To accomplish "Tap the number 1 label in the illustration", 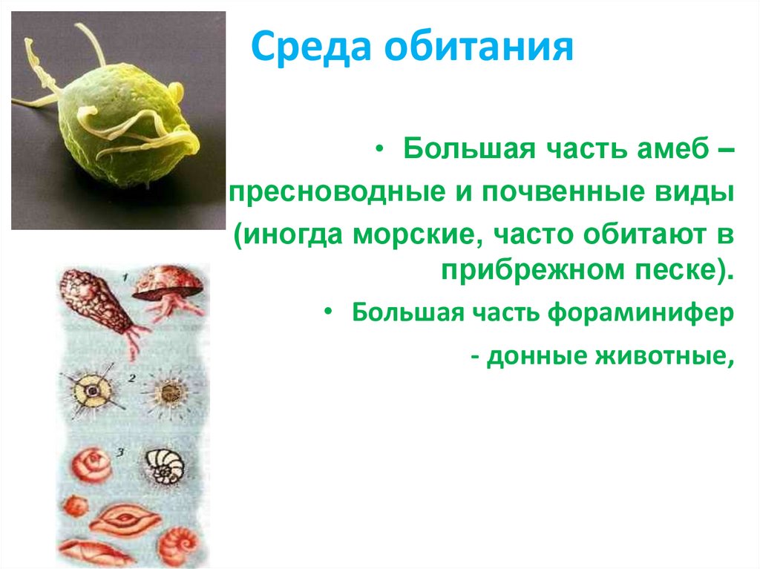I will [x=127, y=276].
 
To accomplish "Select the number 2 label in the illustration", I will [x=131, y=378].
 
